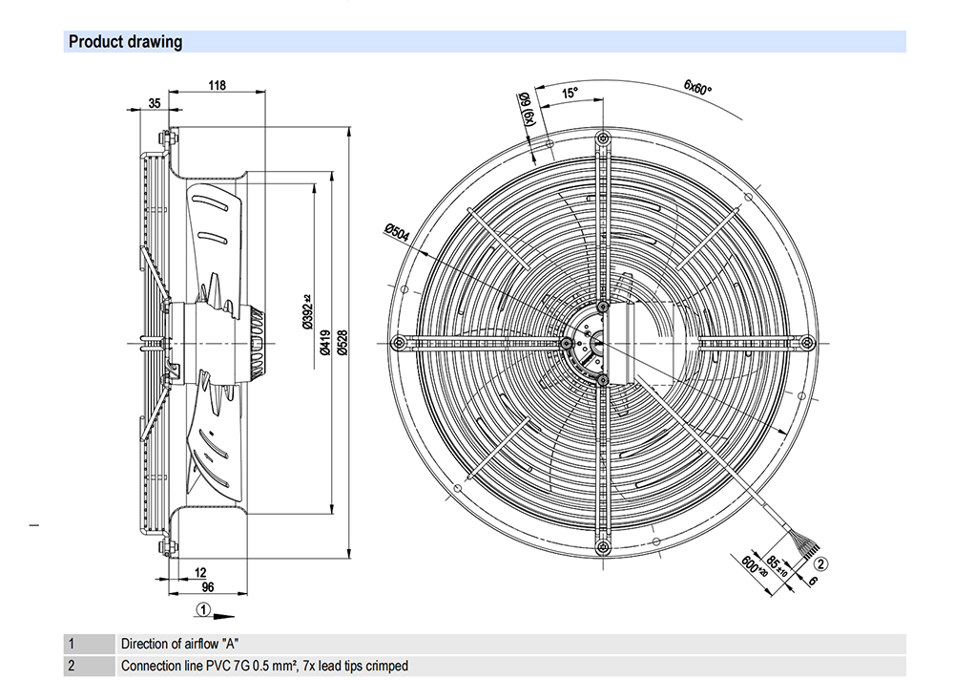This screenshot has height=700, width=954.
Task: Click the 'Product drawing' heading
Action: click(x=125, y=41)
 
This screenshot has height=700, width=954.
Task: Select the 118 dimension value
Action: click(x=218, y=85)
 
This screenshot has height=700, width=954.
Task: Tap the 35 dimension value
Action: click(x=155, y=103)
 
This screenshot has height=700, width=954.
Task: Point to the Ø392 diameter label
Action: click(x=308, y=311)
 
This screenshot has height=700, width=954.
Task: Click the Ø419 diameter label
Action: click(x=325, y=342)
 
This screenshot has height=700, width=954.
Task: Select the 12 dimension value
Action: click(x=200, y=573)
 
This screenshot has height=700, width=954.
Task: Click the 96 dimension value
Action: click(x=207, y=587)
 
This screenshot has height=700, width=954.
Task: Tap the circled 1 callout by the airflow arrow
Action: click(x=203, y=609)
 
